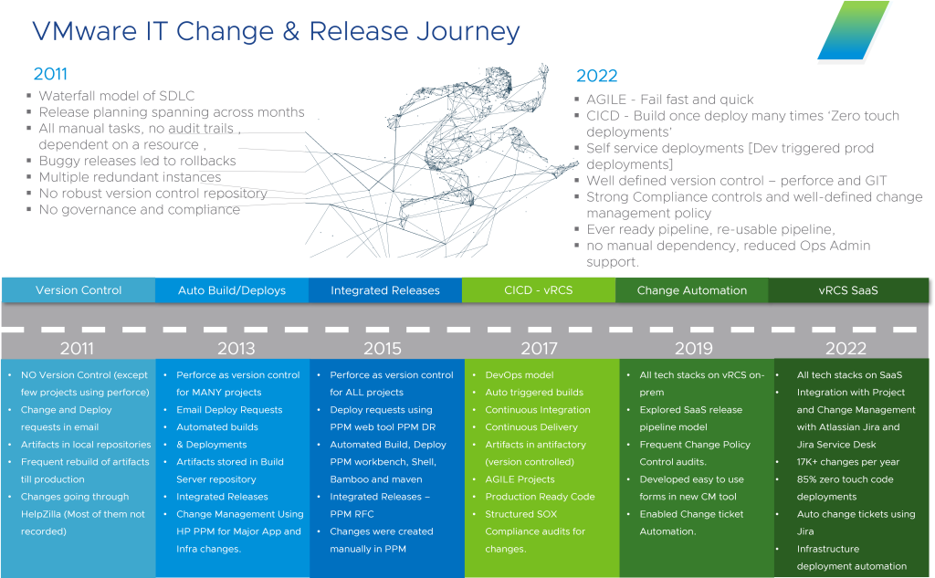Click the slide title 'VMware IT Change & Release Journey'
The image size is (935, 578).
276,32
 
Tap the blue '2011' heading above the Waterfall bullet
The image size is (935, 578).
51,74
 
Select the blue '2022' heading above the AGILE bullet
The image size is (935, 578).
597,76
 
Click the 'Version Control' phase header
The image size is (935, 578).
79,290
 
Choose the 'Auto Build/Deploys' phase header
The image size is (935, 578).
232,290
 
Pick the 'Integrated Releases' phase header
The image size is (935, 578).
385,290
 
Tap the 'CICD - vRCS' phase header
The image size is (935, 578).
539,290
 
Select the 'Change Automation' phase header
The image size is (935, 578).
692,290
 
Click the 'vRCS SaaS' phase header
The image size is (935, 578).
848,290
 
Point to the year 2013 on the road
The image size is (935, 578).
236,348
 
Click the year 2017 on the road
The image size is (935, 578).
539,348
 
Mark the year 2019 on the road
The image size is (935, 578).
694,348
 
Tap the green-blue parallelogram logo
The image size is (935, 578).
854,30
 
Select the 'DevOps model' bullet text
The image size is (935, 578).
520,375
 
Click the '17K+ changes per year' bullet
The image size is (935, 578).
848,462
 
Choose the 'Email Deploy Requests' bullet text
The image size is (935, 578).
229,410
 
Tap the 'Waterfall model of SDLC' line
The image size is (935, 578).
117,96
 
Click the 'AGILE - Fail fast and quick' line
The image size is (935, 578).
669,100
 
